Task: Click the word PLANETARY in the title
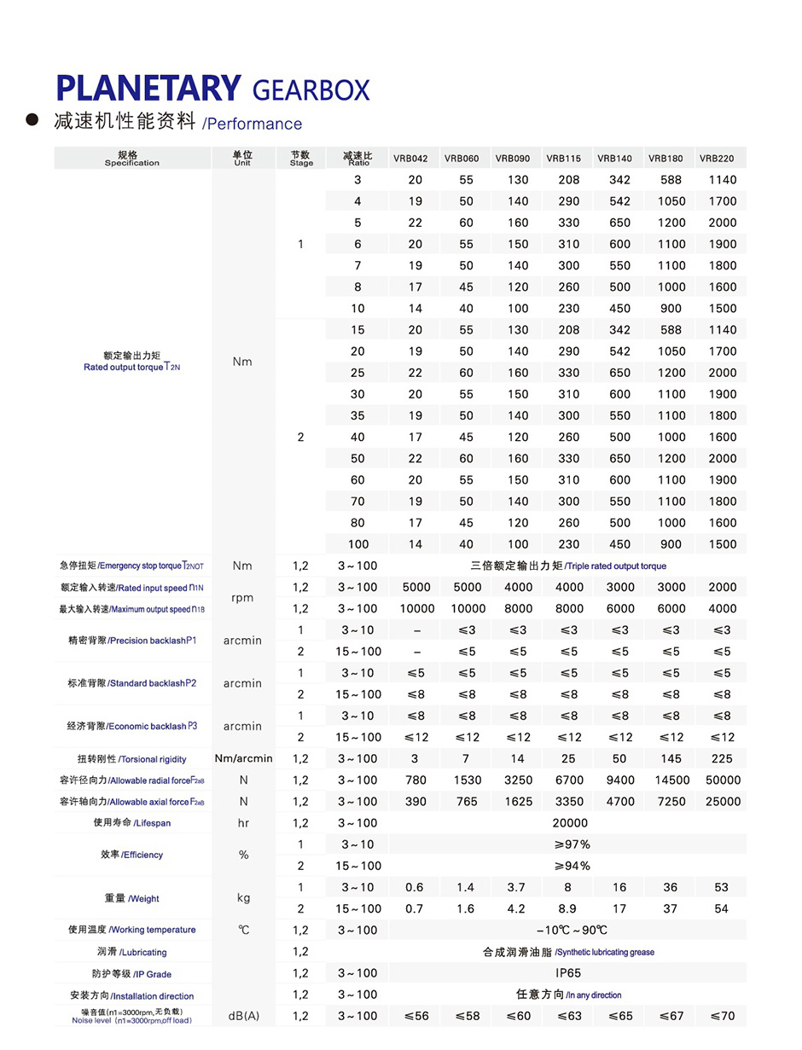pyautogui.click(x=148, y=89)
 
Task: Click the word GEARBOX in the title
pyautogui.click(x=311, y=90)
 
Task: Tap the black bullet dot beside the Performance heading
pyautogui.click(x=32, y=119)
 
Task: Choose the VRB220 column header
pyautogui.click(x=721, y=159)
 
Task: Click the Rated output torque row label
pyautogui.click(x=133, y=367)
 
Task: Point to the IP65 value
pyautogui.click(x=568, y=973)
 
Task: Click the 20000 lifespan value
pyautogui.click(x=569, y=823)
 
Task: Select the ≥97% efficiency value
pyautogui.click(x=569, y=844)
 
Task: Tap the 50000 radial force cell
pyautogui.click(x=721, y=780)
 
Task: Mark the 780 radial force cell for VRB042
pyautogui.click(x=415, y=780)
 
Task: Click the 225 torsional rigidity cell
pyautogui.click(x=721, y=759)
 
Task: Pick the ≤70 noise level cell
pyautogui.click(x=721, y=1016)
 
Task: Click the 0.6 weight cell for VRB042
pyautogui.click(x=415, y=887)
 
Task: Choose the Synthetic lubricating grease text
pyautogui.click(x=605, y=952)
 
